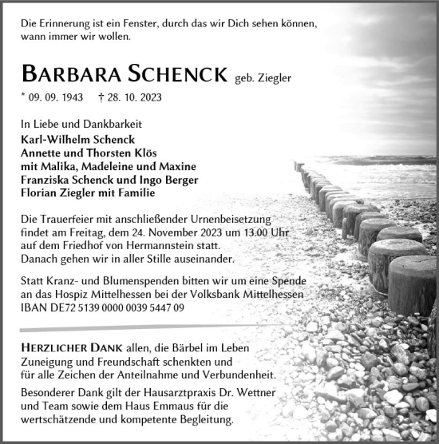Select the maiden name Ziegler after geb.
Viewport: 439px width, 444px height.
[x=276, y=77]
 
